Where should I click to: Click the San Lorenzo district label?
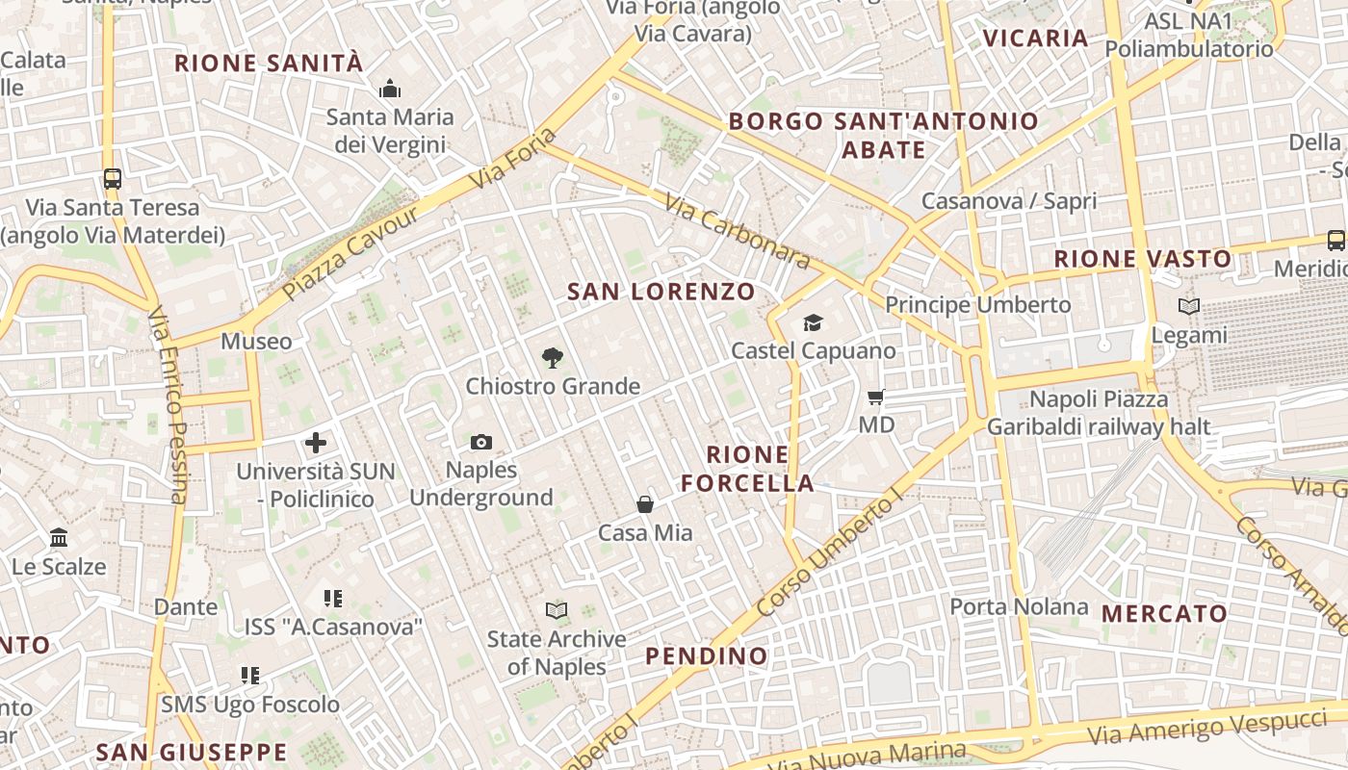[x=661, y=292]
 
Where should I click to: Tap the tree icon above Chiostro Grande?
[x=552, y=358]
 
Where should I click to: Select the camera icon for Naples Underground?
[x=481, y=442]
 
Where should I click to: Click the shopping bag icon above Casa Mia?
[x=645, y=504]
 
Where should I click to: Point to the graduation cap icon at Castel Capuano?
[x=814, y=322]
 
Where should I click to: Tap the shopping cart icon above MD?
[x=876, y=397]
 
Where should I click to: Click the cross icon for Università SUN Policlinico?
[x=316, y=443]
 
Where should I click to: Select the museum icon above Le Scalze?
[x=59, y=537]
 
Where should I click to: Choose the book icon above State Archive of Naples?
[x=557, y=610]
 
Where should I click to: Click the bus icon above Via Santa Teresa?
[x=113, y=178]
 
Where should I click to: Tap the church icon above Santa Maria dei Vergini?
[x=390, y=90]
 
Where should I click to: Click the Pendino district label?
[x=707, y=656]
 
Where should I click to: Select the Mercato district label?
[x=1164, y=613]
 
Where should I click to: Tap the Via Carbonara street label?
[x=738, y=231]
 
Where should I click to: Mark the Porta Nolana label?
[x=1019, y=606]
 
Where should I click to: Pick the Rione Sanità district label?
[x=269, y=64]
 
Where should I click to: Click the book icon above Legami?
[x=1190, y=307]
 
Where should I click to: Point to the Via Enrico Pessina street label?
[x=168, y=404]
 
